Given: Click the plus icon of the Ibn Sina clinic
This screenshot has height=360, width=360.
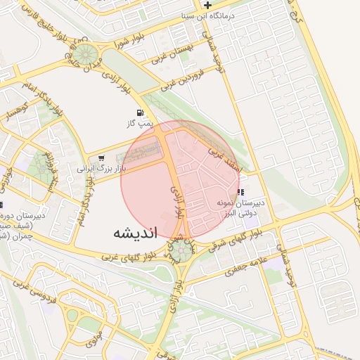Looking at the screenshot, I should [x=207, y=6].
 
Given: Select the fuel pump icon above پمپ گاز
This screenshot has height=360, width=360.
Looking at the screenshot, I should [x=141, y=112].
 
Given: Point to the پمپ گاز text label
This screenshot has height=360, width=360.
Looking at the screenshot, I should [x=141, y=124].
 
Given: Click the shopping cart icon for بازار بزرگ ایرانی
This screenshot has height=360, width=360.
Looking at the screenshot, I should [x=103, y=158].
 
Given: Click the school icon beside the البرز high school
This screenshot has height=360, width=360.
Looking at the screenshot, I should [x=240, y=191].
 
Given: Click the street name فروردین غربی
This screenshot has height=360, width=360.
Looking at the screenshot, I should [x=182, y=79].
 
